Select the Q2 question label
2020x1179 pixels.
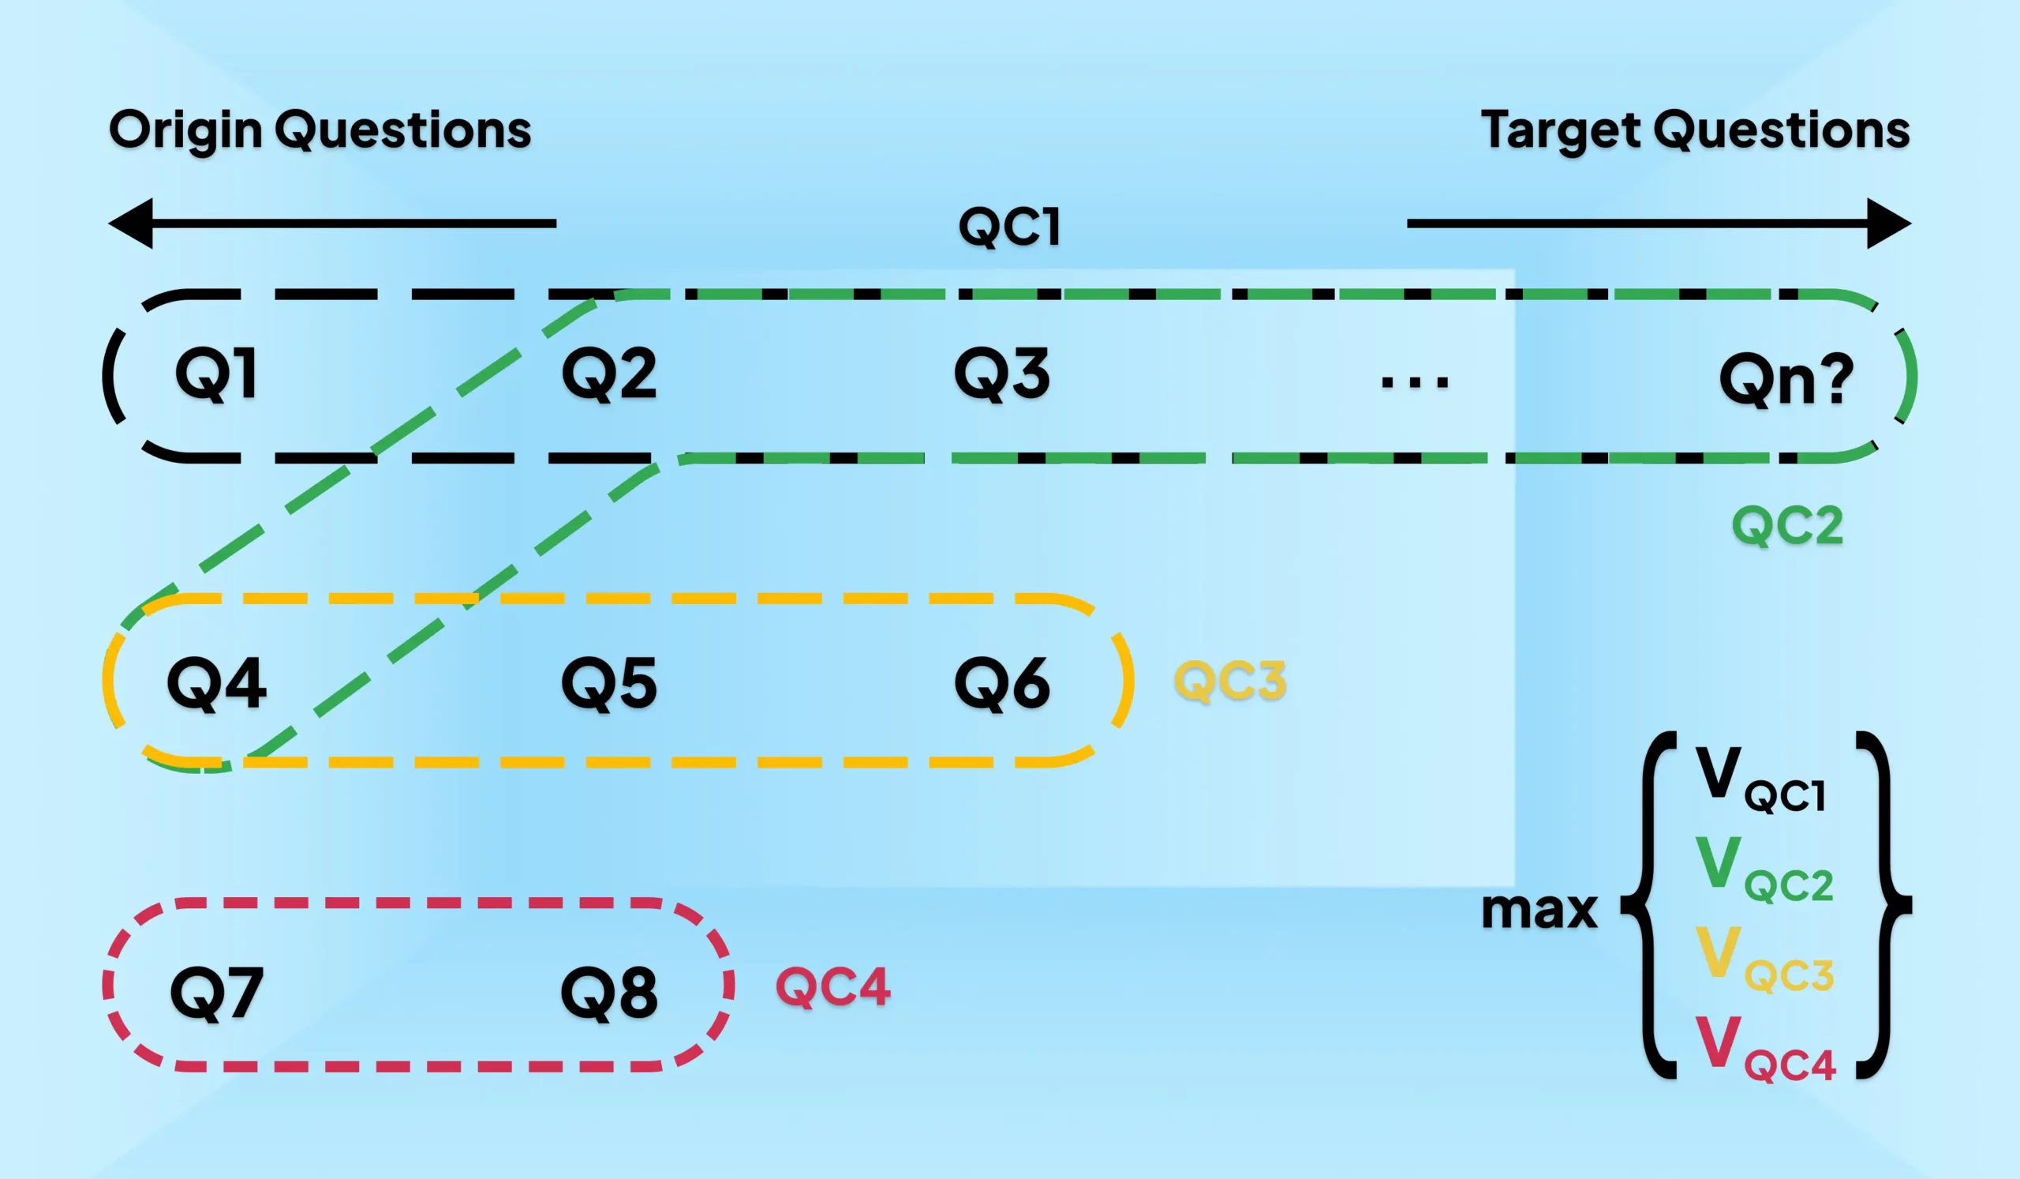click(x=609, y=374)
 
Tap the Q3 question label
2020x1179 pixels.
click(x=1002, y=374)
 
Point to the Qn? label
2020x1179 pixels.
click(x=1786, y=378)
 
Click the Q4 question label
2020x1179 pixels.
click(x=216, y=683)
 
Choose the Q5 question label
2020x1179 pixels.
click(x=609, y=683)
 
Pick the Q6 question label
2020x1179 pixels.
click(x=1002, y=683)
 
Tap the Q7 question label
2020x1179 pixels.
click(x=216, y=993)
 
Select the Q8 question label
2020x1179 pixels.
click(x=609, y=993)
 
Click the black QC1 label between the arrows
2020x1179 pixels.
click(x=1010, y=226)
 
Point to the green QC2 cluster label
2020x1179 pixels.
click(x=1787, y=526)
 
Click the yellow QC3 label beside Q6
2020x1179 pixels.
click(x=1229, y=681)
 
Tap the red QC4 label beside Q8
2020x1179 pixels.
click(x=834, y=986)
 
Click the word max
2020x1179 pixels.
click(x=1539, y=911)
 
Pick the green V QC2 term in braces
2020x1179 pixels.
click(x=1764, y=869)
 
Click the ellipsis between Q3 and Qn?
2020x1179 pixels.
click(x=1415, y=381)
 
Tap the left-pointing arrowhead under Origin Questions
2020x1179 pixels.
click(x=133, y=223)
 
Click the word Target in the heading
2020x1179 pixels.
click(x=1559, y=130)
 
